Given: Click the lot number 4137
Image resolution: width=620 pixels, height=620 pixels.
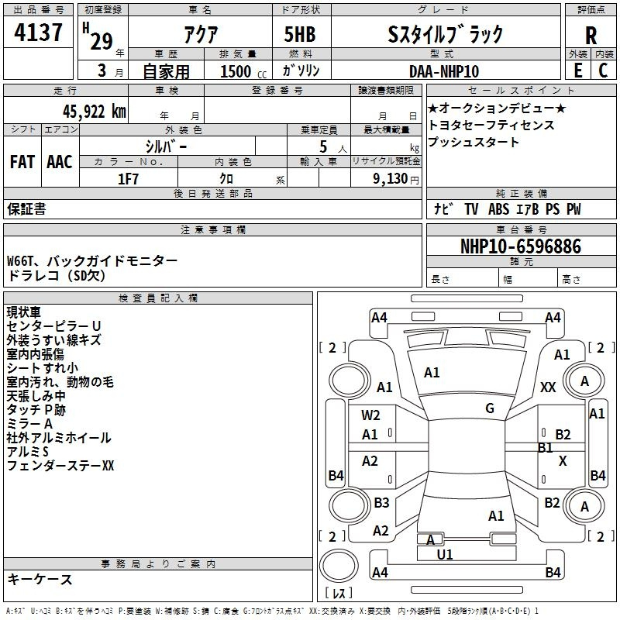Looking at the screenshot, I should pyautogui.click(x=39, y=35).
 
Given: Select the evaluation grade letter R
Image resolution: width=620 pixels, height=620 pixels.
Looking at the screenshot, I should pyautogui.click(x=591, y=35).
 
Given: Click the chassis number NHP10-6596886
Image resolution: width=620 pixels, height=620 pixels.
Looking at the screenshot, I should pyautogui.click(x=520, y=246).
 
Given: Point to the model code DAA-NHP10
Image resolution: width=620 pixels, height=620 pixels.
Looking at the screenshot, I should pyautogui.click(x=443, y=71).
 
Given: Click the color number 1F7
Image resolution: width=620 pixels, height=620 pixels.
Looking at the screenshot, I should pyautogui.click(x=128, y=179).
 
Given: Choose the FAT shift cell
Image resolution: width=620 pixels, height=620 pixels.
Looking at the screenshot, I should pyautogui.click(x=22, y=162).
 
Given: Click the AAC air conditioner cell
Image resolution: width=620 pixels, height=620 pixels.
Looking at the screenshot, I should pyautogui.click(x=60, y=162).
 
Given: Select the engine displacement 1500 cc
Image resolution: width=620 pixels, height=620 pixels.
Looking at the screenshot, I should pyautogui.click(x=236, y=71).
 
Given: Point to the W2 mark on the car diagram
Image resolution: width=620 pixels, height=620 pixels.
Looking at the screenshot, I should pyautogui.click(x=370, y=415).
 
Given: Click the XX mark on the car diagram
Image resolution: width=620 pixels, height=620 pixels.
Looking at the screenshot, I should pyautogui.click(x=548, y=387).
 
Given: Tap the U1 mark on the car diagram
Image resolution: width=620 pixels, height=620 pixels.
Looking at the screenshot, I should pyautogui.click(x=445, y=555).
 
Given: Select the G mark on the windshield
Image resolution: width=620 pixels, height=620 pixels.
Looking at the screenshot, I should pyautogui.click(x=490, y=408).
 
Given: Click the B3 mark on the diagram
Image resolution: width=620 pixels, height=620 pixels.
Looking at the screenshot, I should pyautogui.click(x=381, y=503).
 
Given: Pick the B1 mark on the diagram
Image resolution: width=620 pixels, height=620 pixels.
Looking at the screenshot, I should pyautogui.click(x=545, y=448).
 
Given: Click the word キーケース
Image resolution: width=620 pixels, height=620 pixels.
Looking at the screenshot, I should pyautogui.click(x=40, y=580).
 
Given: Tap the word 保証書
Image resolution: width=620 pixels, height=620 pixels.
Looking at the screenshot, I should pyautogui.click(x=26, y=209).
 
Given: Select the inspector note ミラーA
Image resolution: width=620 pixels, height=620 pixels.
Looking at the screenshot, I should pyautogui.click(x=29, y=424).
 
